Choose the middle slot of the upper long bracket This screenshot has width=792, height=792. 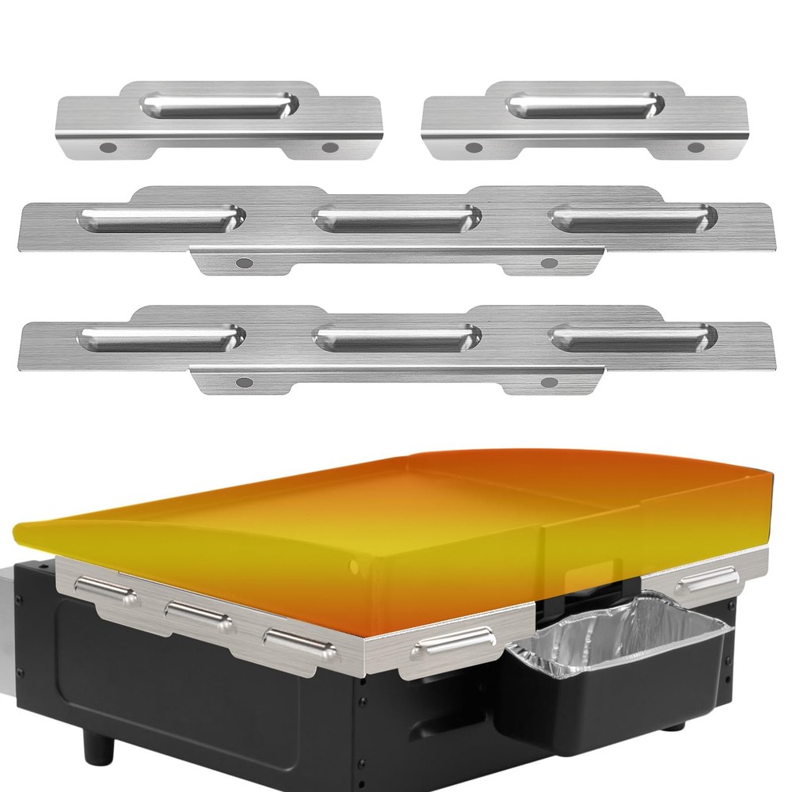pos(396,217)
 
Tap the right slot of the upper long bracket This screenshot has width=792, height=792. pos(634,217)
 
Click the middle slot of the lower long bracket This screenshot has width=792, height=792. pos(396,337)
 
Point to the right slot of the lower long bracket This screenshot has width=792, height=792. pos(634,337)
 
